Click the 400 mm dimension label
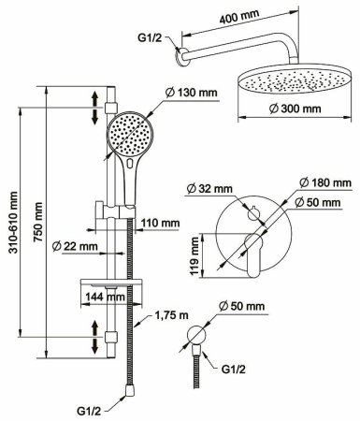(239, 17)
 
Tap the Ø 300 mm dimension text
(295, 109)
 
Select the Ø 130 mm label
(192, 93)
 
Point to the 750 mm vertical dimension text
(38, 222)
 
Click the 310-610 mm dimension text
(13, 223)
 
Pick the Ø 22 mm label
(75, 246)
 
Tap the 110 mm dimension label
(160, 223)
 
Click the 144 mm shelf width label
(105, 297)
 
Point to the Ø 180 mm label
(325, 182)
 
